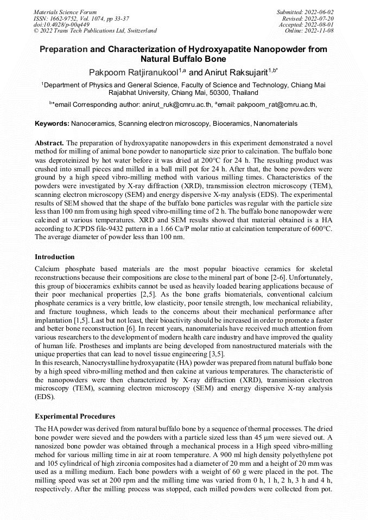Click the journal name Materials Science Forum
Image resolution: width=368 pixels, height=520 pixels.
[x=65, y=11]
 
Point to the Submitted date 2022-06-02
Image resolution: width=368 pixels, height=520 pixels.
[x=306, y=11]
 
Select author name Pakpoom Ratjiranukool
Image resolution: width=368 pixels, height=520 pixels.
[x=134, y=72]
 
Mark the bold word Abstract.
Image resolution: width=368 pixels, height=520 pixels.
[x=49, y=142]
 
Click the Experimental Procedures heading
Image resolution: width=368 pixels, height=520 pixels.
[x=75, y=416]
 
